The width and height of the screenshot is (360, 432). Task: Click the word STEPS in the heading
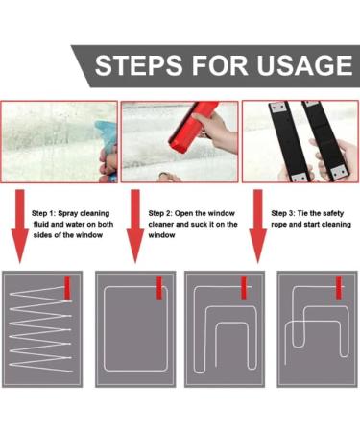[139, 65]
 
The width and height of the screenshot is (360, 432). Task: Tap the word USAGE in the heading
[304, 65]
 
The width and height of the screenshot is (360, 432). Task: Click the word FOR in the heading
[220, 65]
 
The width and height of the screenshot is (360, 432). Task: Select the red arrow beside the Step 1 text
[20, 227]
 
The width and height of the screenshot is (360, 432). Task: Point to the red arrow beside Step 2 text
[135, 227]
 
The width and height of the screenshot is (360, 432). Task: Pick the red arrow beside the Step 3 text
[258, 227]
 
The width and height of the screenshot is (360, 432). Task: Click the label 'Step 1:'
[43, 213]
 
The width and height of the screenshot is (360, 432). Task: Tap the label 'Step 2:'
[160, 213]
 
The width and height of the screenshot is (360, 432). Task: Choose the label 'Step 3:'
[283, 213]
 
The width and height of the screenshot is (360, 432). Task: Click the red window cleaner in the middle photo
[193, 128]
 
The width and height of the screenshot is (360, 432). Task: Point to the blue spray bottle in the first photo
[108, 136]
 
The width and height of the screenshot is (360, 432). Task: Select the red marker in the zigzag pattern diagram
[67, 288]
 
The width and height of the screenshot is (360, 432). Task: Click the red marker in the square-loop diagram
[159, 288]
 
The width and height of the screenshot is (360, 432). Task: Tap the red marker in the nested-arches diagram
[244, 288]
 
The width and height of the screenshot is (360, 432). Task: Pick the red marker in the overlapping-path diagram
[339, 288]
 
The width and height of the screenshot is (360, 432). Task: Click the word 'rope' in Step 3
[279, 225]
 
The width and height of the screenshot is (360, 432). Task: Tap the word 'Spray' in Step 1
[68, 214]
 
